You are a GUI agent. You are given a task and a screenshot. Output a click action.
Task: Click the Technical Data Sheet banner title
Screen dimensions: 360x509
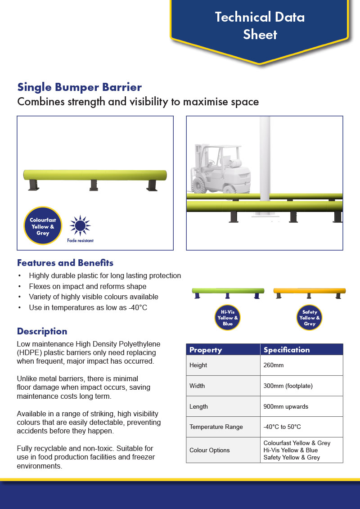pos(260,26)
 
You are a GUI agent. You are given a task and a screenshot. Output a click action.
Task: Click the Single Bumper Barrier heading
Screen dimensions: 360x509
pos(80,87)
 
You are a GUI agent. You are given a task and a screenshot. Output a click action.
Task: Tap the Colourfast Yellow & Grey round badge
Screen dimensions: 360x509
pos(42,226)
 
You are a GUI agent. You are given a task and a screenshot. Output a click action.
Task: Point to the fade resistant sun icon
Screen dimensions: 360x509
pos(80,225)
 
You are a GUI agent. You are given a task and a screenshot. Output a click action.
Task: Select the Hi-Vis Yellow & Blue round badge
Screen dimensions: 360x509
pos(228,317)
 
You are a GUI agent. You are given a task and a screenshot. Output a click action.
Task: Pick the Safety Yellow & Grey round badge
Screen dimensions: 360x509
pos(309,317)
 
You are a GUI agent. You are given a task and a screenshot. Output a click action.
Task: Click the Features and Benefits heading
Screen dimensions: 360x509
pos(65,263)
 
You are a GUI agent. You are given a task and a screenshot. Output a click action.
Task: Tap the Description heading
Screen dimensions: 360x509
pos(42,331)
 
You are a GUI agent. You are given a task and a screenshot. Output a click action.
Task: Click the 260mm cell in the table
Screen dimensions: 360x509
pos(301,365)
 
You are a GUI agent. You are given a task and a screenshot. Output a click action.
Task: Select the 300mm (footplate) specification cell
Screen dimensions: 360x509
pos(301,386)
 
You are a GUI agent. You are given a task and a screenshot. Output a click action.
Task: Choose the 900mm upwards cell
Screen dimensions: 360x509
pos(301,406)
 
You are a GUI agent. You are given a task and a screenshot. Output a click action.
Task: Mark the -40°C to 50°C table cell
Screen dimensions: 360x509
pos(301,427)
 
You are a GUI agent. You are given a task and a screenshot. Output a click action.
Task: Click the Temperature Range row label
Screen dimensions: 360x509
pos(216,427)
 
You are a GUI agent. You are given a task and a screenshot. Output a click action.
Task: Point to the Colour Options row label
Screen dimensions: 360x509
pos(210,450)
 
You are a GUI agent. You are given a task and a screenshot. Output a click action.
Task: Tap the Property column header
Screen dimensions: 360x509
pos(206,350)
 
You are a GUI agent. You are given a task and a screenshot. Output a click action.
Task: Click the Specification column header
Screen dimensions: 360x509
pos(287,350)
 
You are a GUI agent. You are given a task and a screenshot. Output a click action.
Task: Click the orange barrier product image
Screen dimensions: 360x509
pos(309,293)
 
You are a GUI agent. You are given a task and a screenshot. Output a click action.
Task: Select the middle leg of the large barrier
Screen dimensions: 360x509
pos(94,185)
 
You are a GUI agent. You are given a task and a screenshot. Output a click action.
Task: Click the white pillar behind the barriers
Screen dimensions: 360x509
pos(265,166)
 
